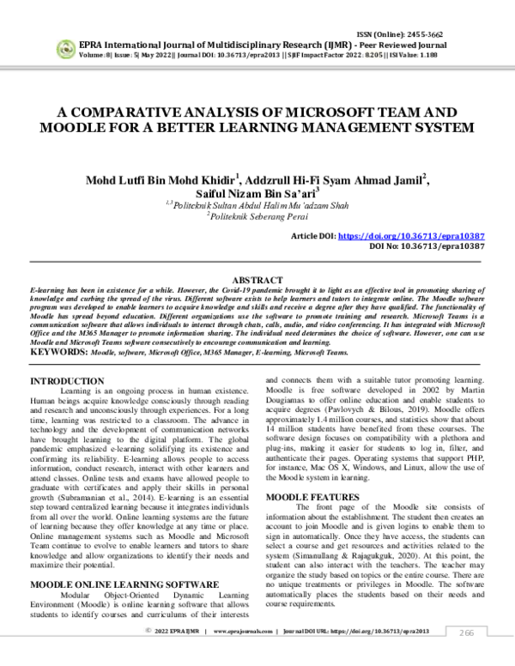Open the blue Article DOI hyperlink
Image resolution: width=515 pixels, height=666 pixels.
(432, 234)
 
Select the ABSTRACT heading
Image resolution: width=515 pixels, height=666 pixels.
(257, 281)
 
